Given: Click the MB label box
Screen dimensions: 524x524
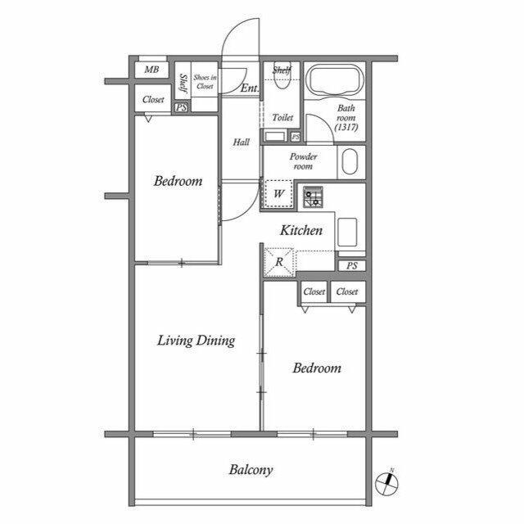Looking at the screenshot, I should point(151,70).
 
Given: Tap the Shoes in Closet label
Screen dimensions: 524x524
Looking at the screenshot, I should point(205,80).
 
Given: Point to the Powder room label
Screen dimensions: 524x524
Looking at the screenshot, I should point(303,160).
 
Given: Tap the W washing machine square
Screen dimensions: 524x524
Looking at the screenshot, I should point(278,194).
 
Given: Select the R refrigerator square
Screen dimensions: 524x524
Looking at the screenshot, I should point(278,262).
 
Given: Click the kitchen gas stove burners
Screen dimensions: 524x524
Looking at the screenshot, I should point(314,198).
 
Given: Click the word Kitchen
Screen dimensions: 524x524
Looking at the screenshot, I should point(301,231).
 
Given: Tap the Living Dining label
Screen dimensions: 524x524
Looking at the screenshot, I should point(196,341).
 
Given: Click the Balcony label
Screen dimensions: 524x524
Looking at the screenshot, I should point(251,470).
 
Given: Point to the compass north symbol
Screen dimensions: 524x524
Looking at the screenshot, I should point(387,482).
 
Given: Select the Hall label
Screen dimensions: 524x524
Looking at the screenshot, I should point(241,142).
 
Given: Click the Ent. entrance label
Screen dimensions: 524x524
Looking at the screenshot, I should point(250,88).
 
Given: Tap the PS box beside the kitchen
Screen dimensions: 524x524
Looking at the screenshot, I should point(351,265).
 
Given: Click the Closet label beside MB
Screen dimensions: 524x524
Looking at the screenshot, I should point(153,99).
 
